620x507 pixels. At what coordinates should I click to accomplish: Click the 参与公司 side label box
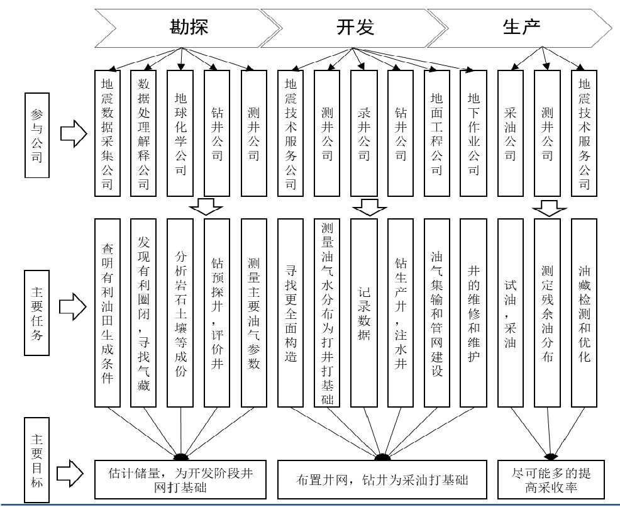37,135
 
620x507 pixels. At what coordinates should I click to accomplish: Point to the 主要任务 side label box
37,306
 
